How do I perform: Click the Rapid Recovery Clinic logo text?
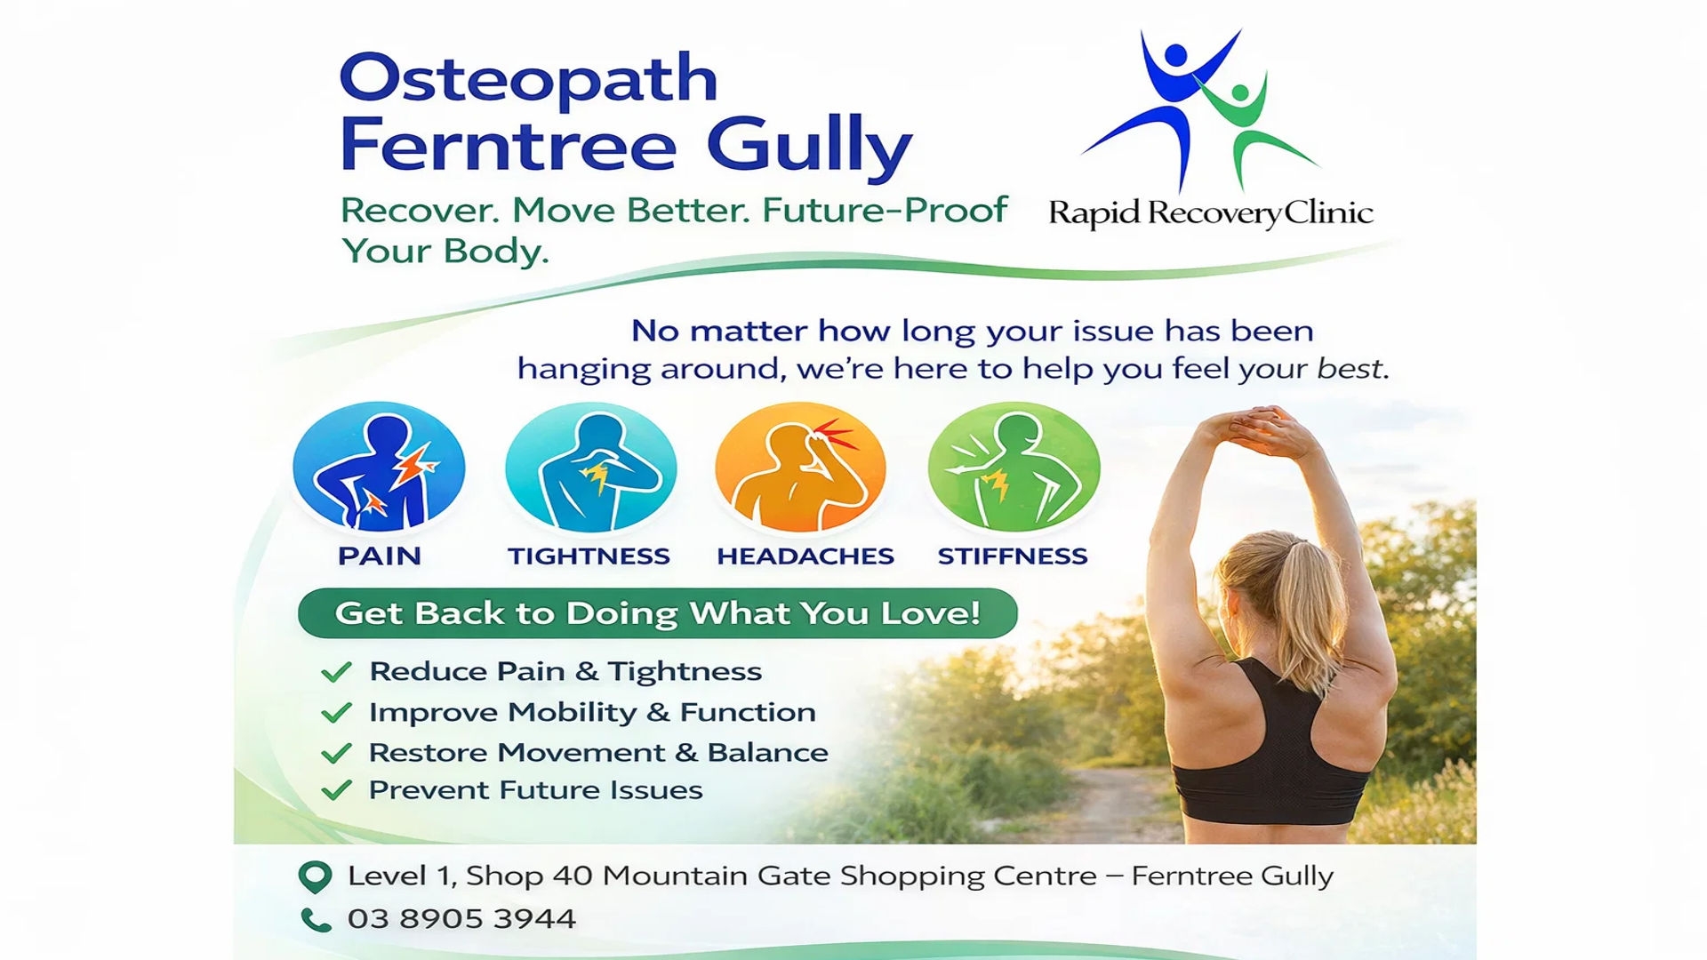(1211, 213)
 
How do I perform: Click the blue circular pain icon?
(379, 468)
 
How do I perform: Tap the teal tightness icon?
(590, 468)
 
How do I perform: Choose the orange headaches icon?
(801, 468)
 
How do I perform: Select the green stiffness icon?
(1014, 468)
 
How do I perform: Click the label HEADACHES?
(805, 556)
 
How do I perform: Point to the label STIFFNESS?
(1013, 556)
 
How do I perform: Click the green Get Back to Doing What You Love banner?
(658, 613)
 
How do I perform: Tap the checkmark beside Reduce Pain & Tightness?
(336, 672)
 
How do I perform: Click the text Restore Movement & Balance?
(598, 753)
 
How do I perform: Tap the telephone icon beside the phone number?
(316, 919)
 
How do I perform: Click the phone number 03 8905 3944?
(461, 919)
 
